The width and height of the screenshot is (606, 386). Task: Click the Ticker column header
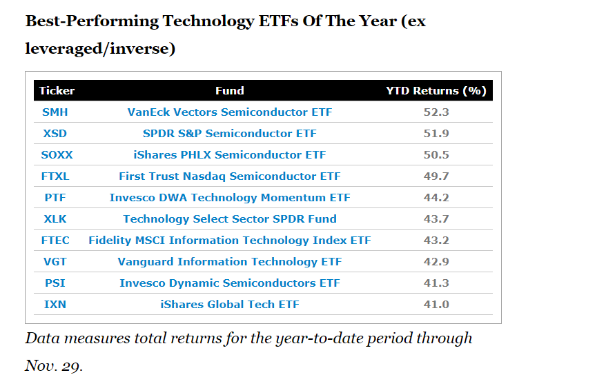(57, 91)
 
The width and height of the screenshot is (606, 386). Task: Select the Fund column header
(230, 91)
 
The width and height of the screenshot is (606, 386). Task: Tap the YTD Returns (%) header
(436, 91)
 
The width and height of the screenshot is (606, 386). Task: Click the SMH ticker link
(55, 112)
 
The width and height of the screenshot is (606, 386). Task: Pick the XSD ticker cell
(55, 134)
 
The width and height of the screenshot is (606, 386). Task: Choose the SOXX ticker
(57, 155)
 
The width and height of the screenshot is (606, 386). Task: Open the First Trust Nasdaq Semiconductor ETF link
(230, 176)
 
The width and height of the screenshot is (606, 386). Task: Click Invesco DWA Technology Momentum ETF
(230, 198)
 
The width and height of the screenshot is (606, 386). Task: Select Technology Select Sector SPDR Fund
(230, 219)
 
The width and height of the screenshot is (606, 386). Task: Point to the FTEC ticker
(55, 241)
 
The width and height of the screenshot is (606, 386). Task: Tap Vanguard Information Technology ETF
(230, 262)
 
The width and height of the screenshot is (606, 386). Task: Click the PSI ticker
(55, 283)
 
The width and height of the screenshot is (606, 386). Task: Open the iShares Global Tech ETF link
(230, 305)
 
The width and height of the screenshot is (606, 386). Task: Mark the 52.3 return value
(436, 112)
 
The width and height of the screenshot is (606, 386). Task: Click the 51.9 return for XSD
(436, 134)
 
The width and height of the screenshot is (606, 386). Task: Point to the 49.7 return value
(436, 176)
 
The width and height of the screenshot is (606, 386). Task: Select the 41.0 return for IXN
(436, 305)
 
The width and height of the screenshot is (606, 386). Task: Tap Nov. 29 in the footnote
(54, 365)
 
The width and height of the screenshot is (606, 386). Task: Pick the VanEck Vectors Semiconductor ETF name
(230, 112)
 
